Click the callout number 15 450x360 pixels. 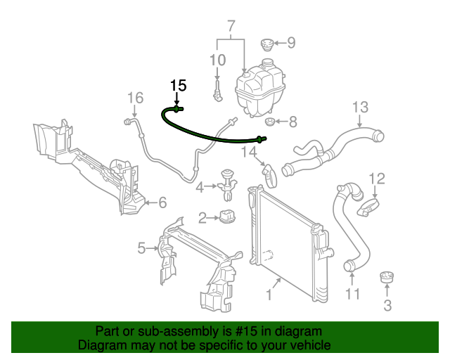pos(179,86)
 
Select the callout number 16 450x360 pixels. pos(135,97)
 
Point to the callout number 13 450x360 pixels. pos(360,108)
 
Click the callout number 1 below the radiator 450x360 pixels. pos(268,295)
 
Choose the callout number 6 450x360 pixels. pos(162,203)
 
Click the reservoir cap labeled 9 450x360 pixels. pos(266,44)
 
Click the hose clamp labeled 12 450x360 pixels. pos(370,207)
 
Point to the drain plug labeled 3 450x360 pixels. pos(387,278)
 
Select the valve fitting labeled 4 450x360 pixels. pos(229,180)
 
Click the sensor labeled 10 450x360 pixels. pos(219,90)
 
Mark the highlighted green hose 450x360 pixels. pos(211,134)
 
